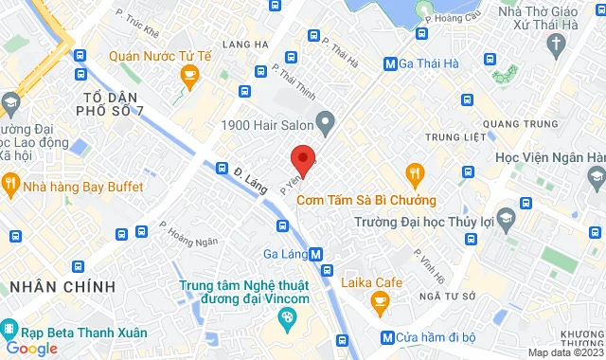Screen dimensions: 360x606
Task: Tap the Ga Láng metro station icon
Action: pyautogui.click(x=315, y=254)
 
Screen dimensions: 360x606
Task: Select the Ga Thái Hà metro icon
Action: pyautogui.click(x=389, y=64)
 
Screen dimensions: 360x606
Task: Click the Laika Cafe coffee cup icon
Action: pyautogui.click(x=380, y=303)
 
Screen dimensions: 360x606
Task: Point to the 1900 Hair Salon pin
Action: pyautogui.click(x=326, y=121)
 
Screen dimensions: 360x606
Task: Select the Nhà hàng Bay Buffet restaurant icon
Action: pyautogui.click(x=11, y=186)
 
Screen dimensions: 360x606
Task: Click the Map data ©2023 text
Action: pyautogui.click(x=564, y=352)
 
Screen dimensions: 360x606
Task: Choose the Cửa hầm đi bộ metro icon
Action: pyautogui.click(x=385, y=337)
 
